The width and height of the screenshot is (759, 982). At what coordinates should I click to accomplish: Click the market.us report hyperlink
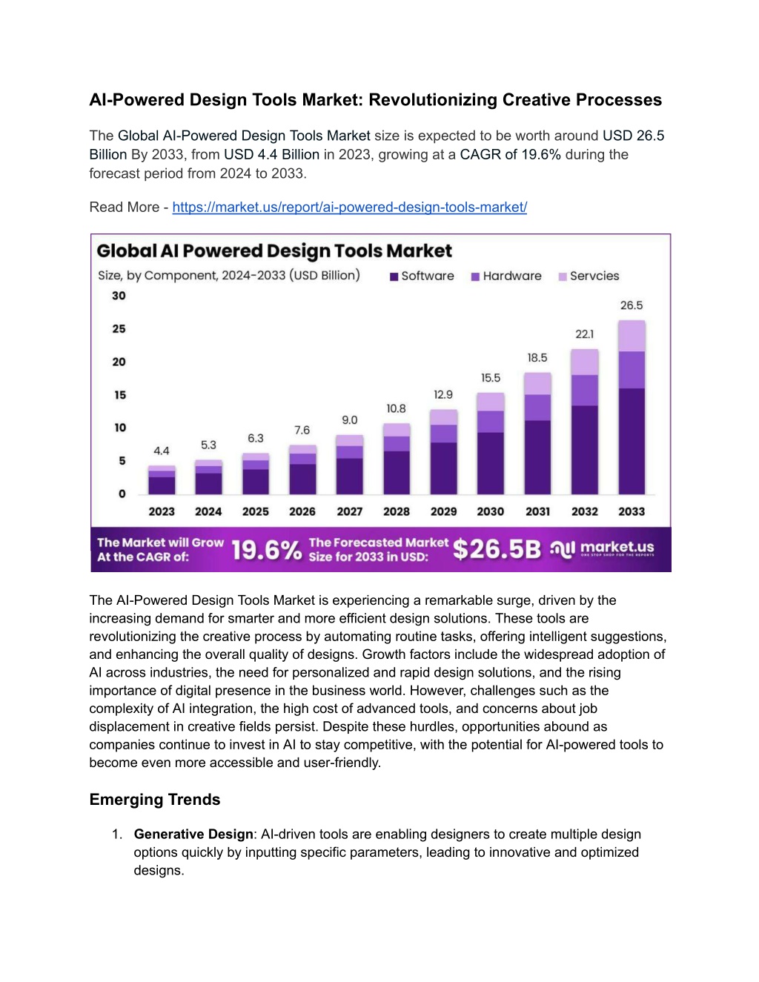tap(349, 208)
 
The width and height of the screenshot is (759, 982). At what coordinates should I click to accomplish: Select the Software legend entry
tap(422, 276)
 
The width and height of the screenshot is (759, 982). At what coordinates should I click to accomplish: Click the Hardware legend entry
tap(506, 276)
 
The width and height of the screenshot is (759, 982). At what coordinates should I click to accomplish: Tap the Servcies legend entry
tap(589, 276)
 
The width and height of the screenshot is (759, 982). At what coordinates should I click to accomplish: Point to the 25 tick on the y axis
tap(119, 328)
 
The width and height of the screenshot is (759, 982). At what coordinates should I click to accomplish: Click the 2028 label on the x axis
tap(397, 511)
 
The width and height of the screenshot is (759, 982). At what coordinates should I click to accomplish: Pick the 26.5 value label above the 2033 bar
tap(632, 305)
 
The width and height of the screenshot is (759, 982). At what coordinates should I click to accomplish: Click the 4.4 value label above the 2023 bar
tap(162, 451)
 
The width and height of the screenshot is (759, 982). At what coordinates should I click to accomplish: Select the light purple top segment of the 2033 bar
tap(632, 336)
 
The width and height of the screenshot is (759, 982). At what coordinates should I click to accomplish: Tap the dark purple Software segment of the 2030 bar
tap(490, 463)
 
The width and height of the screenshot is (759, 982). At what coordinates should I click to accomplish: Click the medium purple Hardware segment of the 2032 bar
tap(585, 391)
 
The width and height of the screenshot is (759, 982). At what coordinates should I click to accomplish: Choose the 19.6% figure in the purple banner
tap(267, 551)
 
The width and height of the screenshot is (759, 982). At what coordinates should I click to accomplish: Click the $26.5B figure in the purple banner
tap(497, 549)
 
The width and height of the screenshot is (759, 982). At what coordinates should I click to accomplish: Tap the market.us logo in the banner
tap(602, 548)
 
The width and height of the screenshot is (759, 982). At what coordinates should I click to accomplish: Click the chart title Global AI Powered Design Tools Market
tap(274, 251)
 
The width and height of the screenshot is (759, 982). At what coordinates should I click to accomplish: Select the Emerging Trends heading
tap(155, 800)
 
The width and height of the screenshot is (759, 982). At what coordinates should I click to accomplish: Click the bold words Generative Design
tap(193, 835)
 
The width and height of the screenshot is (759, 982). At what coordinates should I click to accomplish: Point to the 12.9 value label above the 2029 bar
tap(443, 395)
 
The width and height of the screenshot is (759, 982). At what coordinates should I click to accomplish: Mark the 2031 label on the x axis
tap(537, 511)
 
